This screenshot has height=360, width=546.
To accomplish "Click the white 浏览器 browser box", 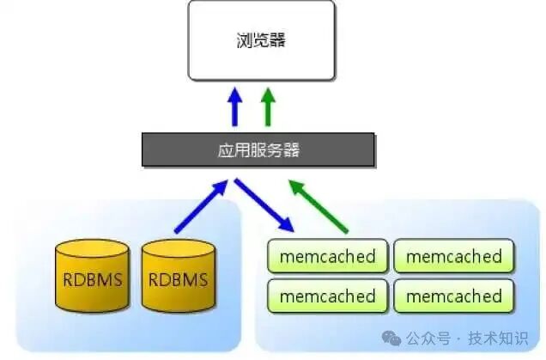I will coord(261,40).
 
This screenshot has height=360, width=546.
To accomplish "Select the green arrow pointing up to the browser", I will coord(269,107).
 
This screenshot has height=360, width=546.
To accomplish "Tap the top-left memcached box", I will coord(328,256).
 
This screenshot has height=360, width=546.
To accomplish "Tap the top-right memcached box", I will coord(453,256).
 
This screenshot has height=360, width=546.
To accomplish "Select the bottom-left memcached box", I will coord(328,296).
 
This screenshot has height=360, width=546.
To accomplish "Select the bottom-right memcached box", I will coord(453,296).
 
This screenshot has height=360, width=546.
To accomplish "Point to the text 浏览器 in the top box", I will coord(261,40).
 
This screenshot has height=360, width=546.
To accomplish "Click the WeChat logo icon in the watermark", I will coord(391,337).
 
